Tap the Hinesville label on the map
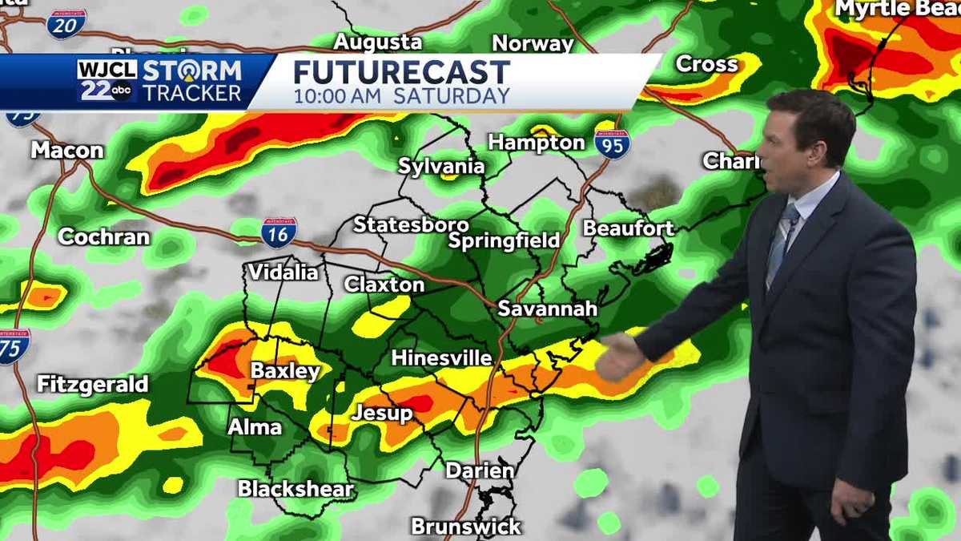pos(441,358)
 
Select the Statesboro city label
pos(411,224)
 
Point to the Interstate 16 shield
pos(279,232)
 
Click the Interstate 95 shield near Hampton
pos(612,143)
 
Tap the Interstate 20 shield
pos(66,24)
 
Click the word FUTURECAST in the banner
pos(401,72)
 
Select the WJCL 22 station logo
pos(107,80)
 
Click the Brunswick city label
pos(466,527)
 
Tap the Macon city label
pos(67,150)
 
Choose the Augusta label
pos(377,42)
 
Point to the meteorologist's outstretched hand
pos(618,357)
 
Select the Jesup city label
pos(382,414)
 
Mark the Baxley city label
pos(285,371)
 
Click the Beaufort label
pos(628,228)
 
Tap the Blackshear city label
pos(296,488)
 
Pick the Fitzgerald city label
pos(93,385)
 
